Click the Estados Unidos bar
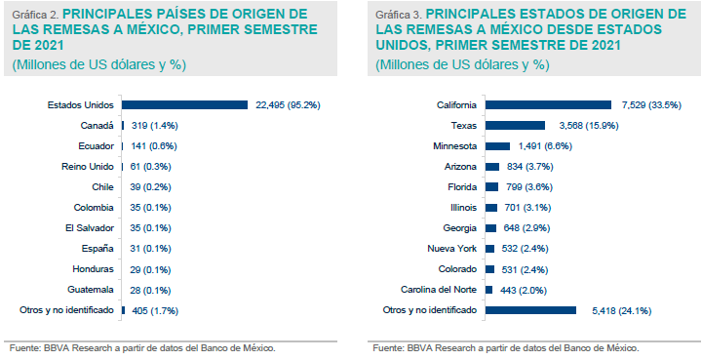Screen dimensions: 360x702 click(184, 104)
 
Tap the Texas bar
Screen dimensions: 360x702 click(515, 125)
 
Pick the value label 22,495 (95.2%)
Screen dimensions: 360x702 click(289, 104)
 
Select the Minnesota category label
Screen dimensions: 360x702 click(454, 145)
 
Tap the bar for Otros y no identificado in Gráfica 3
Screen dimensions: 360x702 click(530, 309)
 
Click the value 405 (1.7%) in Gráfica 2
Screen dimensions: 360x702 click(156, 309)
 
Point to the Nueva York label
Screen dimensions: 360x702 click(452, 248)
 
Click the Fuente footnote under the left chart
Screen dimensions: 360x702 click(142, 347)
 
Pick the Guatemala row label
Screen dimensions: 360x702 click(95, 289)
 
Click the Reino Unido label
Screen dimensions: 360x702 click(89, 166)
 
